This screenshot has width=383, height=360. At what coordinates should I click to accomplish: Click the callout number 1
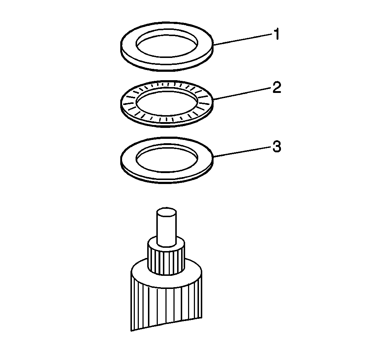(276, 34)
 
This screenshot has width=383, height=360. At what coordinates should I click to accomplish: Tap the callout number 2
(277, 87)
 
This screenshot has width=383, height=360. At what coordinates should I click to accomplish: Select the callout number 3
(277, 147)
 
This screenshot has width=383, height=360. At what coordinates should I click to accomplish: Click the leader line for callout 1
(243, 40)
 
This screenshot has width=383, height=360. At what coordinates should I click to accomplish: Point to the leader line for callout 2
(243, 94)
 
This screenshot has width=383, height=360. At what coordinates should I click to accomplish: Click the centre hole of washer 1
(167, 46)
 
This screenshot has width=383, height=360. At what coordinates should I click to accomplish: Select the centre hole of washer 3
(167, 159)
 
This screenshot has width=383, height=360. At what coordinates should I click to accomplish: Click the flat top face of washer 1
(167, 62)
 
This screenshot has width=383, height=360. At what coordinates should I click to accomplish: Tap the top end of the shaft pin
(167, 212)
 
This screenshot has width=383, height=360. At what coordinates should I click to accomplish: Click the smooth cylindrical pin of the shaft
(167, 227)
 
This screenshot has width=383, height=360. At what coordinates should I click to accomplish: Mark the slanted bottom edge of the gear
(167, 324)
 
